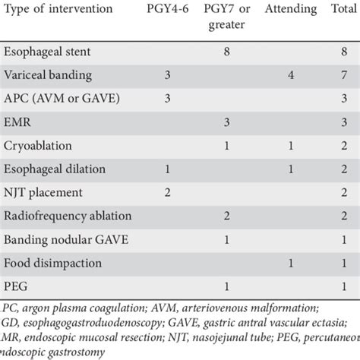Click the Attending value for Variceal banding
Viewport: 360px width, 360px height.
(x=291, y=76)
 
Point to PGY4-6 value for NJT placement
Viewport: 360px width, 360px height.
(x=166, y=192)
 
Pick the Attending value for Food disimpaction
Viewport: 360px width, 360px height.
(x=291, y=263)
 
